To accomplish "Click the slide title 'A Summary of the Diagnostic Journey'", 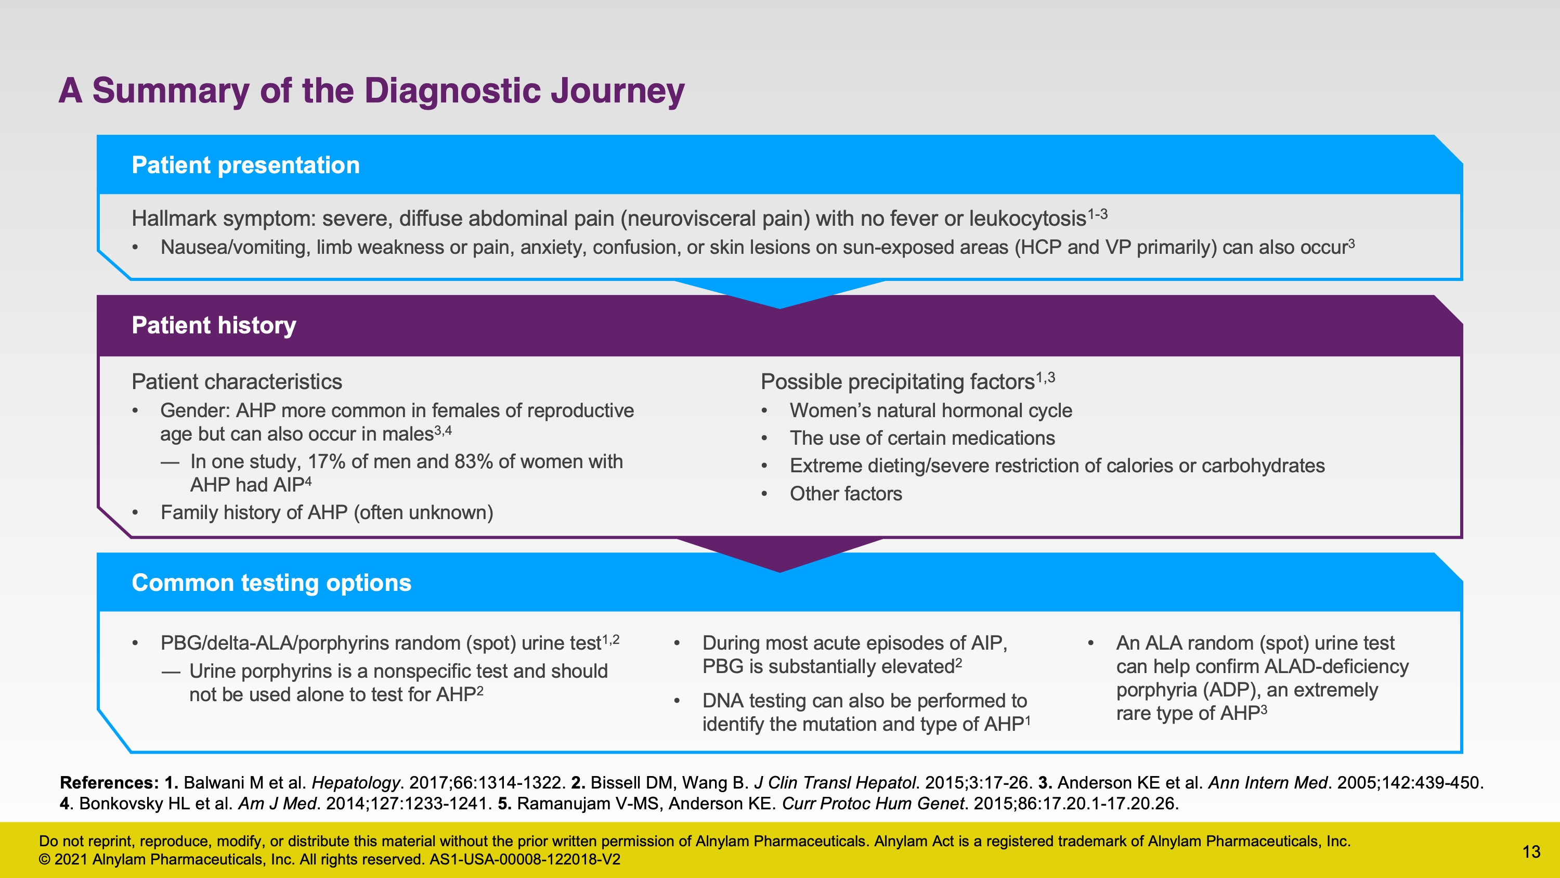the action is pyautogui.click(x=371, y=92).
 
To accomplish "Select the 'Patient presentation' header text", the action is pyautogui.click(x=246, y=165).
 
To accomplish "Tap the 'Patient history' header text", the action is pyautogui.click(x=214, y=326).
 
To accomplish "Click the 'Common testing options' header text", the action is pyautogui.click(x=271, y=583).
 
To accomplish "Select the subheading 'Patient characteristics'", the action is pyautogui.click(x=237, y=382).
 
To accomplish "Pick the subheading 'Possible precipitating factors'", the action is pyautogui.click(x=898, y=382).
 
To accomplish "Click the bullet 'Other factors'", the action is pyautogui.click(x=846, y=494).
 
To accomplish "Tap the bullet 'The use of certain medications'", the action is pyautogui.click(x=922, y=438).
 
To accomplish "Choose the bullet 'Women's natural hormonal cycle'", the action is pyautogui.click(x=931, y=411).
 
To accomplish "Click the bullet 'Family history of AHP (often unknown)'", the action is pyautogui.click(x=327, y=513).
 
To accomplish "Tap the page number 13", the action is pyautogui.click(x=1531, y=852).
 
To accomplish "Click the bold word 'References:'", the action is pyautogui.click(x=109, y=783).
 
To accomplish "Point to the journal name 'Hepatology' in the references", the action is pyautogui.click(x=356, y=783).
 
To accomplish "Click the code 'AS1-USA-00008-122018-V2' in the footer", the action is pyautogui.click(x=525, y=860).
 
